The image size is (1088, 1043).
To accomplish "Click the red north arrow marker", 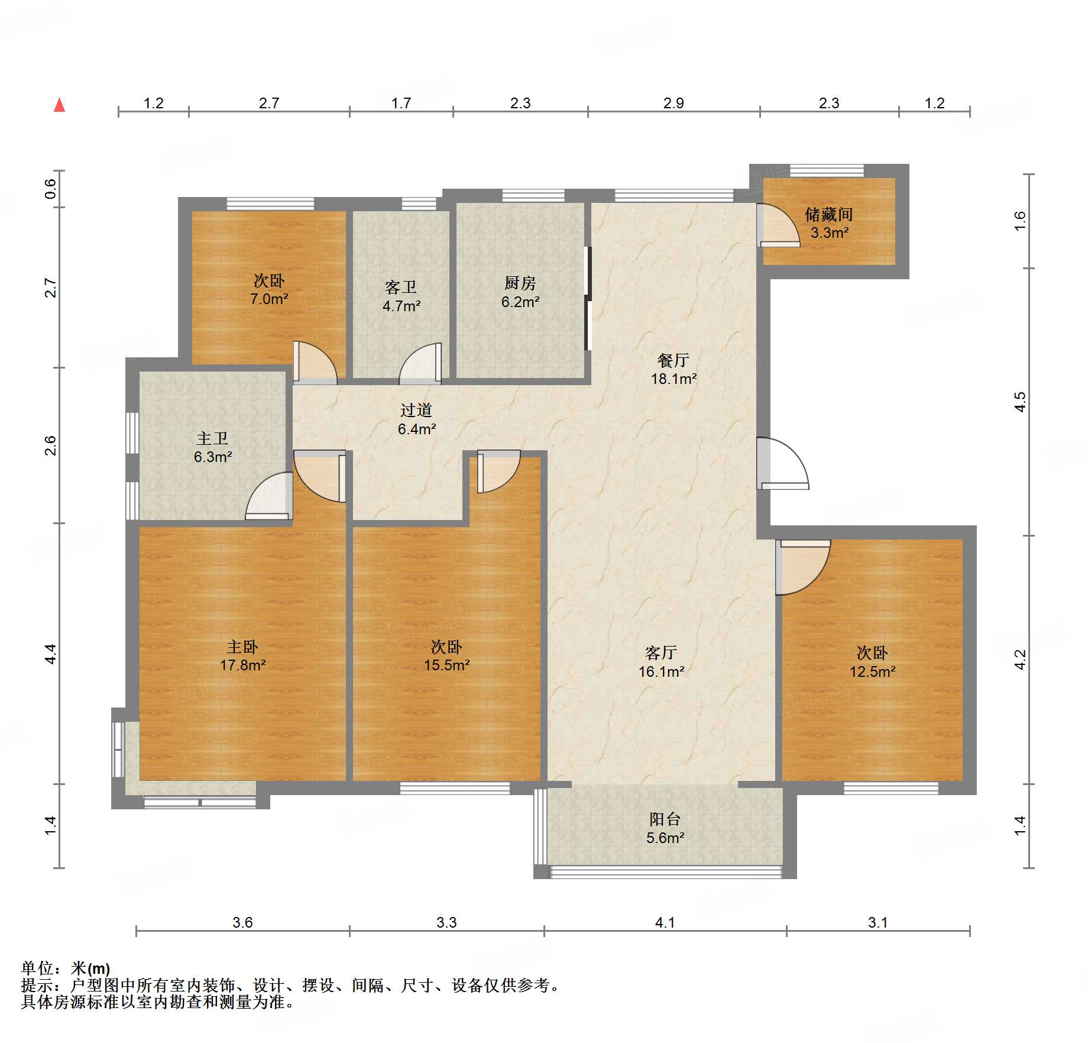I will point(59,105).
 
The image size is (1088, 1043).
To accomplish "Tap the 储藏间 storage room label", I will point(828,214).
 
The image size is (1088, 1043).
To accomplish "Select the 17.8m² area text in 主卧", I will point(242,666).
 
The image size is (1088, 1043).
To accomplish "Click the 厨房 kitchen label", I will point(520,283).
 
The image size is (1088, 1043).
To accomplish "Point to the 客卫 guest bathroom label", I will point(401,288).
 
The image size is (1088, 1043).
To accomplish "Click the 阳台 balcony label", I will point(665,819).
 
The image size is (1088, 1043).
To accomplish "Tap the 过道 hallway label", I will point(416,410).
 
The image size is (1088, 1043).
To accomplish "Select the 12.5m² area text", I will point(872,672).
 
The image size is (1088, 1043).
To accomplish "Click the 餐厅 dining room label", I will point(673,360).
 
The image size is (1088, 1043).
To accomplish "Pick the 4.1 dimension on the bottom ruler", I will point(665,922).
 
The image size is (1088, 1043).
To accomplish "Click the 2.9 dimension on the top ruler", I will point(673,104).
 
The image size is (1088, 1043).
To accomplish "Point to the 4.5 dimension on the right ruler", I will point(1020,402).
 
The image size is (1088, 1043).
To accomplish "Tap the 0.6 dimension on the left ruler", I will point(51,189).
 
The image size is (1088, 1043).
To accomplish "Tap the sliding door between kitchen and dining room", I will point(588,299).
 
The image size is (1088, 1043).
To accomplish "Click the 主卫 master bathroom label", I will point(212,438).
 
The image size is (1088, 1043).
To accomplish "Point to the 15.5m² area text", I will point(446,666).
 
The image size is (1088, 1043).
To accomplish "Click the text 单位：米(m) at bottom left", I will point(66,968).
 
